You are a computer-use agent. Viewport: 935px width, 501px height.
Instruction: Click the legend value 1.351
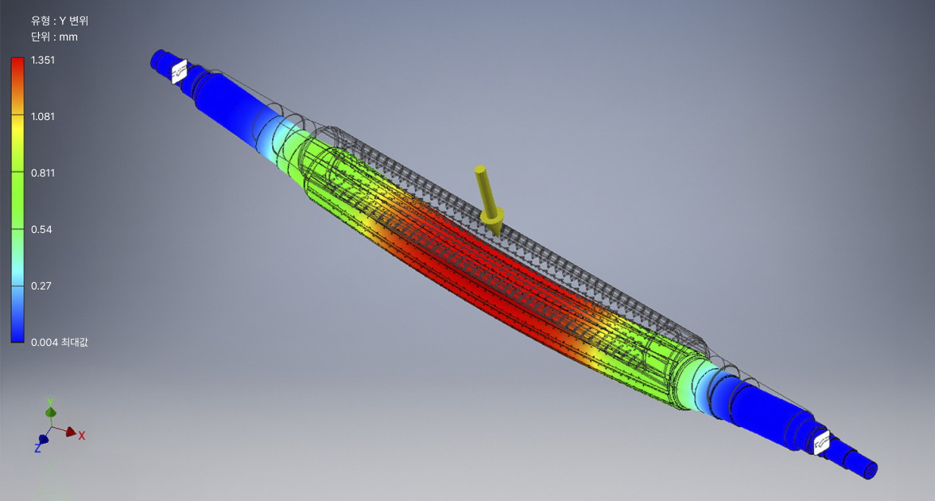pyautogui.click(x=43, y=60)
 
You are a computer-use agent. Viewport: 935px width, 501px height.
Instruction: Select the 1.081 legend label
pyautogui.click(x=43, y=117)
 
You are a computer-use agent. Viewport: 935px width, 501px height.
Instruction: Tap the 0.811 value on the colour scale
pyautogui.click(x=43, y=173)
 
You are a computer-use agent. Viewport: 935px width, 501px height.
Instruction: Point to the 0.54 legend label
pyautogui.click(x=41, y=230)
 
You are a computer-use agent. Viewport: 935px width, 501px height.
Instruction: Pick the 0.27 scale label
pyautogui.click(x=41, y=286)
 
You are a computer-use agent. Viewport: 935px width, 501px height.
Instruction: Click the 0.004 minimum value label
pyautogui.click(x=45, y=342)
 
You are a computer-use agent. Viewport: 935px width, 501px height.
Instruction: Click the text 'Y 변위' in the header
pyautogui.click(x=73, y=21)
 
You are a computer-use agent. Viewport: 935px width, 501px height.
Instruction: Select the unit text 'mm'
pyautogui.click(x=68, y=37)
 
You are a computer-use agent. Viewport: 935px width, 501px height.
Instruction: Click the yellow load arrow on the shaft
pyautogui.click(x=489, y=200)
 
